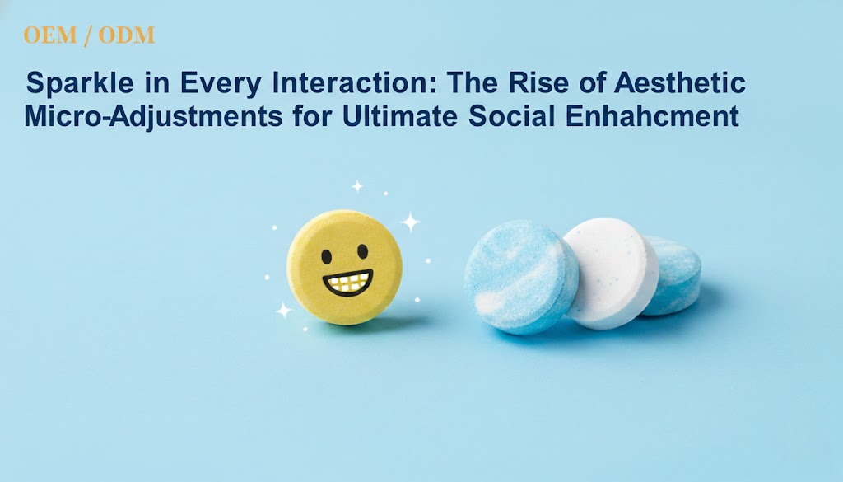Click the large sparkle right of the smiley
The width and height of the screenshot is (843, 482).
coord(409,222)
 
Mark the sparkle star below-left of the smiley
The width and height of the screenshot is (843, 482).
coord(284,310)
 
